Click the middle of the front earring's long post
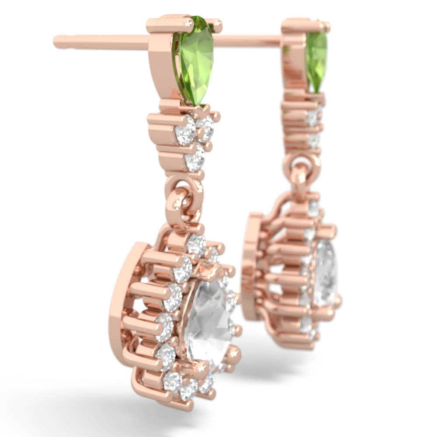[x=101, y=40]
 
